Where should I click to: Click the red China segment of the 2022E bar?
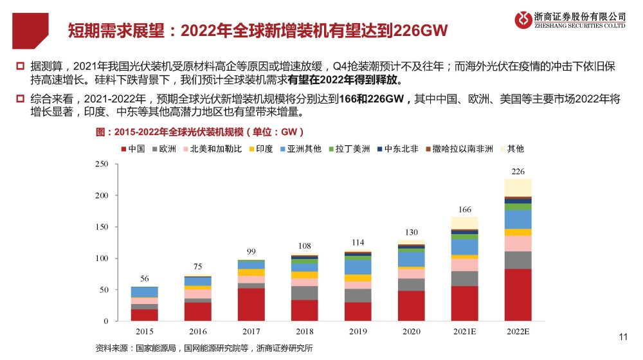[518, 294]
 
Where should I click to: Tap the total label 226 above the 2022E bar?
[518, 172]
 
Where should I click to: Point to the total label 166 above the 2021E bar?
[464, 210]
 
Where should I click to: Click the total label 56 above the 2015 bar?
[144, 279]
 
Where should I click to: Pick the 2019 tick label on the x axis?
[358, 331]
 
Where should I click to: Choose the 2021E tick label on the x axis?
[464, 331]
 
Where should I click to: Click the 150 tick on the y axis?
[102, 227]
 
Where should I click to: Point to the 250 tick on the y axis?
[102, 164]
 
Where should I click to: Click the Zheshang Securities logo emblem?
[523, 20]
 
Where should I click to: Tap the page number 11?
[622, 336]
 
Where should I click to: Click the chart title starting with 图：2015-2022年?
[199, 132]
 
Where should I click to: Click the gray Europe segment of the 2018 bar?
[304, 292]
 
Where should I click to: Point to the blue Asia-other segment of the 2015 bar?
[144, 292]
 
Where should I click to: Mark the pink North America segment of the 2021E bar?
[464, 264]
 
